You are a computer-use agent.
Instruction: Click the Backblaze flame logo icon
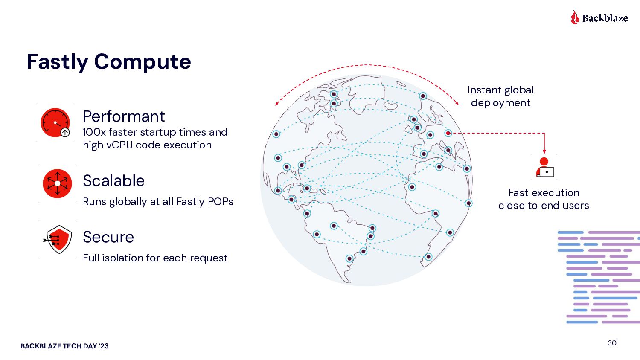pyautogui.click(x=575, y=17)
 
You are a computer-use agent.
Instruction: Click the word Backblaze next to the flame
pyautogui.click(x=605, y=18)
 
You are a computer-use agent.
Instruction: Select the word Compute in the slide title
pyautogui.click(x=143, y=62)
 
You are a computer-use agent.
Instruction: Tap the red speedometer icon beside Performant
pyautogui.click(x=55, y=123)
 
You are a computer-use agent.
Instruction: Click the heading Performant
pyautogui.click(x=124, y=116)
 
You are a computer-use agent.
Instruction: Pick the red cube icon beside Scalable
pyautogui.click(x=57, y=183)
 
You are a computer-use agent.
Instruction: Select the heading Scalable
pyautogui.click(x=113, y=181)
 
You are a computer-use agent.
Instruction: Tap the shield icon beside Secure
pyautogui.click(x=58, y=239)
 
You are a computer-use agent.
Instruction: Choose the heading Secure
pyautogui.click(x=108, y=237)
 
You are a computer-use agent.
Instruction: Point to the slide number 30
pyautogui.click(x=612, y=343)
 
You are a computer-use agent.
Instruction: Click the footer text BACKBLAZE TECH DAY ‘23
pyautogui.click(x=64, y=346)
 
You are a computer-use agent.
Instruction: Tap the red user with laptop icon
pyautogui.click(x=545, y=168)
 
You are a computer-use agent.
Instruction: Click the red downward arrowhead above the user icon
pyautogui.click(x=544, y=151)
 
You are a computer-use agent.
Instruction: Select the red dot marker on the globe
pyautogui.click(x=448, y=133)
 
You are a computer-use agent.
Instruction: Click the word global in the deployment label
pyautogui.click(x=518, y=90)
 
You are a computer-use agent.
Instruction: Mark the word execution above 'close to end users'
pyautogui.click(x=559, y=193)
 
